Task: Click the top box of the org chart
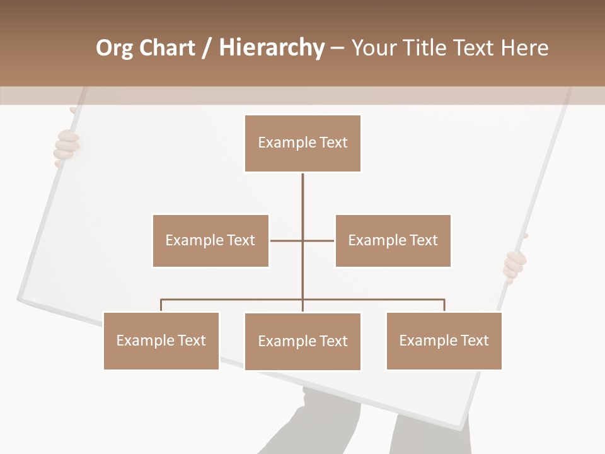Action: (302, 143)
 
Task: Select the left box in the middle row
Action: (210, 240)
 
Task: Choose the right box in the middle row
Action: (393, 240)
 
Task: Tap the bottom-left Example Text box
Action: (161, 340)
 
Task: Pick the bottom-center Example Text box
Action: (302, 341)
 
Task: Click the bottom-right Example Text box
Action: (444, 340)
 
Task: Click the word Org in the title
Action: (115, 48)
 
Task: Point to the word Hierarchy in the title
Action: (272, 48)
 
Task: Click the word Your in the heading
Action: (374, 48)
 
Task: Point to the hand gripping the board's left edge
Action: (66, 146)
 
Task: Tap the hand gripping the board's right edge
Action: (515, 265)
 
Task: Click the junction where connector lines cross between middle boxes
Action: (302, 240)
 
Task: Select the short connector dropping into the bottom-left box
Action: (161, 305)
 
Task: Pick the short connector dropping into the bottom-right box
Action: (444, 305)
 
